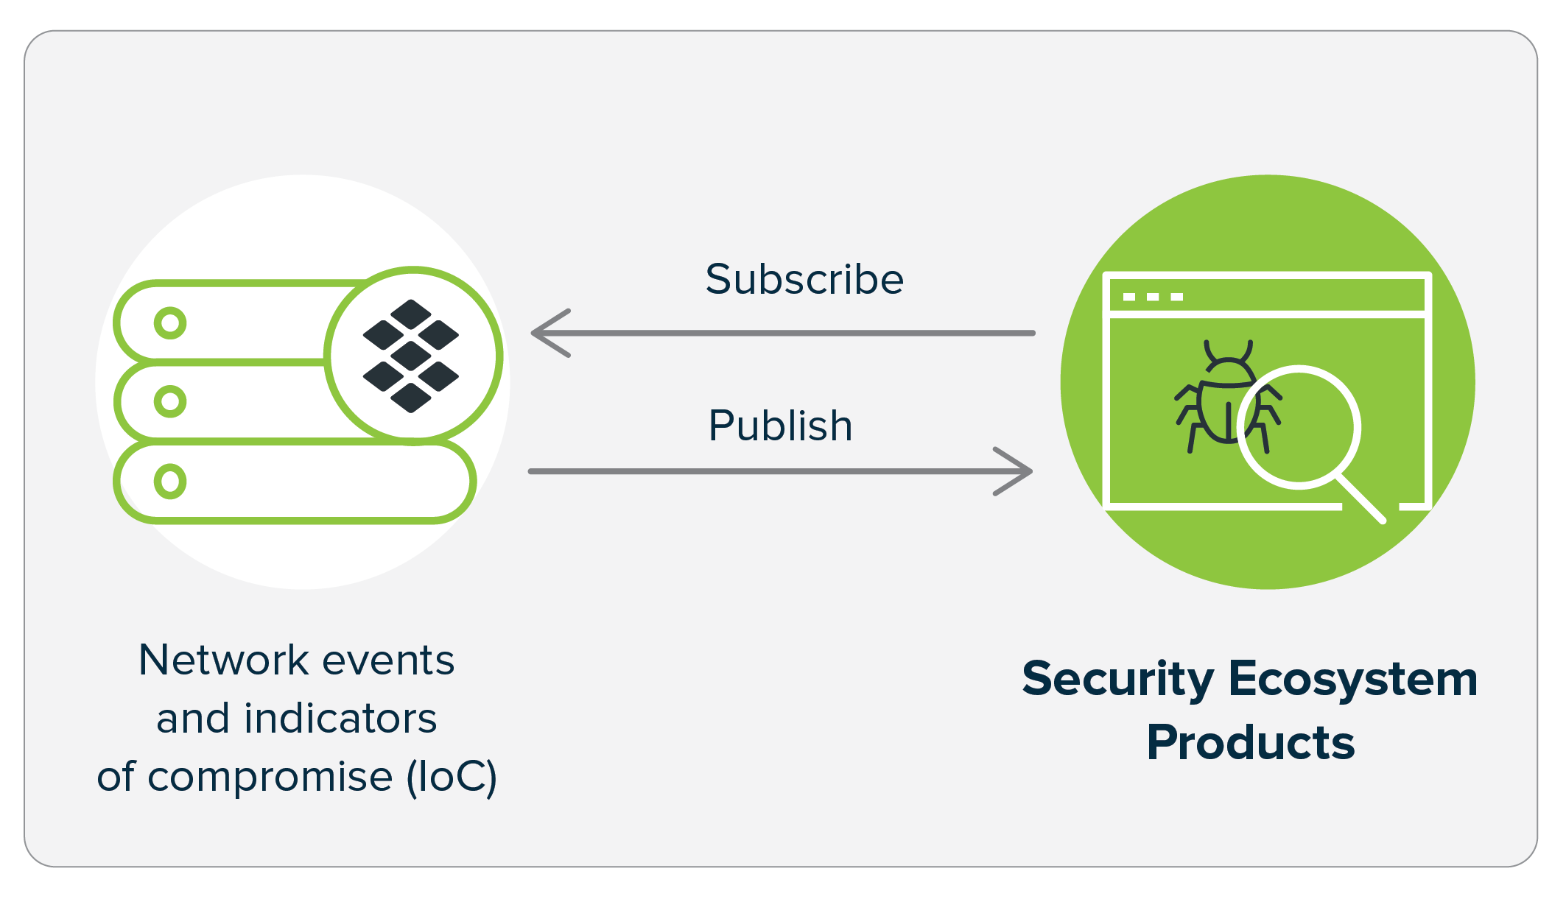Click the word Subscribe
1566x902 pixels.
[x=804, y=280]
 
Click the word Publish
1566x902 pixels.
[x=780, y=426]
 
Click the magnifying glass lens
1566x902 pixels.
[x=1299, y=427]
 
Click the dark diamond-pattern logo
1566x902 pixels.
[x=411, y=356]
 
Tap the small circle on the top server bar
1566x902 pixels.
[x=170, y=323]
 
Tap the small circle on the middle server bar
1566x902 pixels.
[x=170, y=401]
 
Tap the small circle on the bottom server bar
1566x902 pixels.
[x=170, y=481]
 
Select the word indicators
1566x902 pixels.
[x=340, y=719]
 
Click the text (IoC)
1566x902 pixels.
[x=452, y=778]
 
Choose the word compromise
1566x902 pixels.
[x=270, y=778]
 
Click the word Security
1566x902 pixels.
[x=1117, y=679]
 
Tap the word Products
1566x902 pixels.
[x=1250, y=742]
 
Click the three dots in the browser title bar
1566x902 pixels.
[x=1153, y=297]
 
